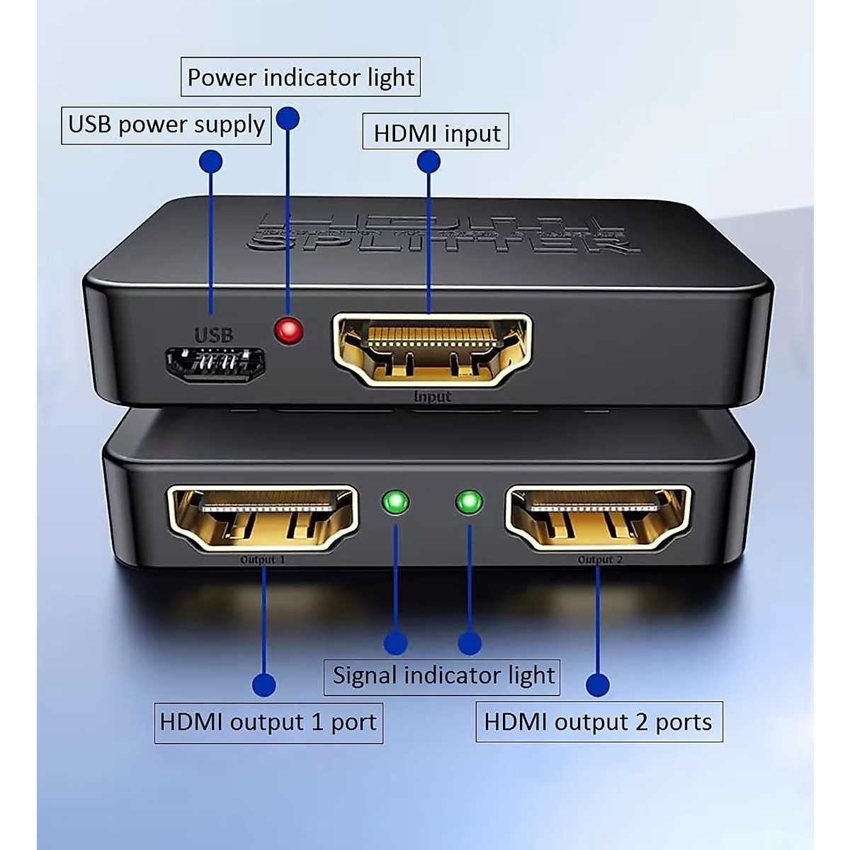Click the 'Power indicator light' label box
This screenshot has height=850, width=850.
[301, 77]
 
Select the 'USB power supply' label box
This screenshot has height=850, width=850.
[166, 125]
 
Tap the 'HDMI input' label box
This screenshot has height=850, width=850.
[436, 132]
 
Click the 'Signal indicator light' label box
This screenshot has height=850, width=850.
[443, 675]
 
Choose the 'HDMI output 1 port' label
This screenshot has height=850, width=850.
[268, 722]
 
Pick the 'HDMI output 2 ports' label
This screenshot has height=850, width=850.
[599, 722]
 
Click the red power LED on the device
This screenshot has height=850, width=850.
[288, 330]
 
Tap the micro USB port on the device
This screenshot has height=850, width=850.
[215, 364]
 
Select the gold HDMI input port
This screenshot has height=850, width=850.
[432, 350]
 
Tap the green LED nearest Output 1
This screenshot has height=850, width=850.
[395, 503]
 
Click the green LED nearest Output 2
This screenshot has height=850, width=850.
[469, 503]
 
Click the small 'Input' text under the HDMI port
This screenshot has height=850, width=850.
[432, 397]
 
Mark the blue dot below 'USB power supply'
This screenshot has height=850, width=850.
[210, 161]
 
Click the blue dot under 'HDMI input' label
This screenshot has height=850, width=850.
[429, 161]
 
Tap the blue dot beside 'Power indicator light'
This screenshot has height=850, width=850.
[288, 118]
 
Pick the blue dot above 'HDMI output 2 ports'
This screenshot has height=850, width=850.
[598, 685]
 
